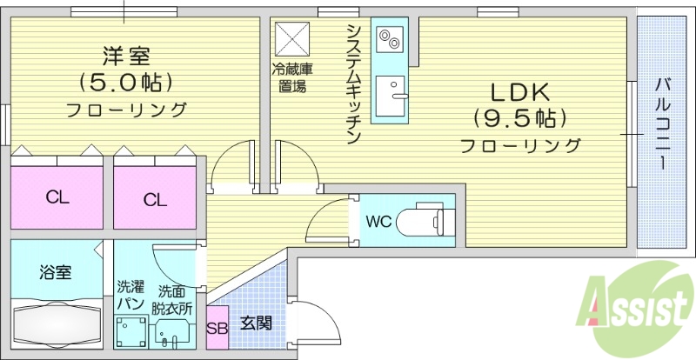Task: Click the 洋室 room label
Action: pyautogui.click(x=127, y=57)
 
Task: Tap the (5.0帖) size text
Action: pyautogui.click(x=127, y=83)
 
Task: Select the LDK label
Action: pyautogui.click(x=519, y=90)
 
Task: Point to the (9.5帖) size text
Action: pyautogui.click(x=519, y=117)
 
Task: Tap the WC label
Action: pyautogui.click(x=378, y=221)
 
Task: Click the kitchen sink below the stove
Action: pyautogui.click(x=391, y=95)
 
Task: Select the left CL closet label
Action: pyautogui.click(x=57, y=197)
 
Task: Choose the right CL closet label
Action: pyautogui.click(x=155, y=199)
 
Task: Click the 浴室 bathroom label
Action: pyautogui.click(x=55, y=271)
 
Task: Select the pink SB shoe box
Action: pyautogui.click(x=217, y=327)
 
